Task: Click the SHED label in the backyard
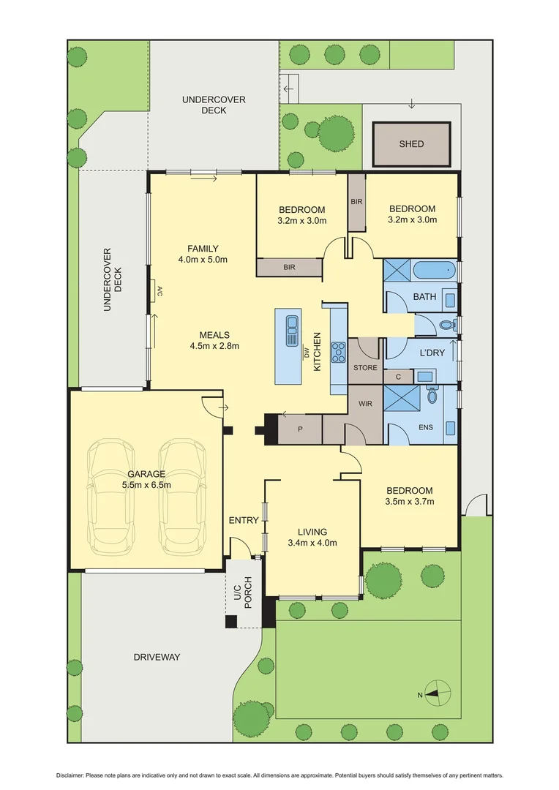tap(411, 144)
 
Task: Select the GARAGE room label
tap(146, 473)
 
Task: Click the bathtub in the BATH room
tap(435, 272)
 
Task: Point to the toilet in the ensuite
tap(432, 396)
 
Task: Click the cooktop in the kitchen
tap(339, 353)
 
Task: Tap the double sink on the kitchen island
tap(291, 323)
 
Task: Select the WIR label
tap(367, 403)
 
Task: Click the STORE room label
tap(365, 367)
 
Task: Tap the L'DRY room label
tap(432, 353)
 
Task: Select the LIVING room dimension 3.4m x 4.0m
tap(312, 543)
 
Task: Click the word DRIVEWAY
tap(157, 657)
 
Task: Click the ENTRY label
tap(244, 520)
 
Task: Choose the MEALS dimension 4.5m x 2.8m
tap(214, 346)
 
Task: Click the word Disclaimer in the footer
tap(72, 775)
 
